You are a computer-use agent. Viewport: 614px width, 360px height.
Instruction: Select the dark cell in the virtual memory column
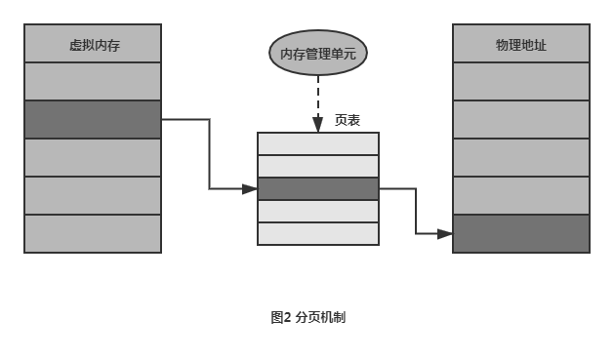point(93,119)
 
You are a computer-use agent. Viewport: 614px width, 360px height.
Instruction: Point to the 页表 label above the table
point(348,120)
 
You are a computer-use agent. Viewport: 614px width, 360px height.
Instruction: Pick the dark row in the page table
point(317,188)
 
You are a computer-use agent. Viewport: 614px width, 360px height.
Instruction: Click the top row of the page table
point(317,143)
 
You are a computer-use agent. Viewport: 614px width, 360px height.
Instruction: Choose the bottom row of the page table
point(317,233)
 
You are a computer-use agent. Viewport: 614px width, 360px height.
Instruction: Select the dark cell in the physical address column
point(521,233)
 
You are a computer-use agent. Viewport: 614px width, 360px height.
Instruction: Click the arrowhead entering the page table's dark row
point(251,188)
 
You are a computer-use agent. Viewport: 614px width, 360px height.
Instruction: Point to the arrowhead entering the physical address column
point(446,234)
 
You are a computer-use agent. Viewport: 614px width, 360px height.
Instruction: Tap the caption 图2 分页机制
point(309,317)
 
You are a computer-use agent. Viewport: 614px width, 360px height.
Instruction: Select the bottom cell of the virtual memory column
point(93,233)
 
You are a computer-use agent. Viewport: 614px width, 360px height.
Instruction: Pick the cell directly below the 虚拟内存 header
point(93,81)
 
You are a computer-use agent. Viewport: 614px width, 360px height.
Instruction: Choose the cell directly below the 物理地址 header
point(521,81)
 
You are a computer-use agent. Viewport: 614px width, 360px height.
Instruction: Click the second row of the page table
point(317,166)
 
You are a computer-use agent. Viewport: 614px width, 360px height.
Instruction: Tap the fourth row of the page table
point(317,211)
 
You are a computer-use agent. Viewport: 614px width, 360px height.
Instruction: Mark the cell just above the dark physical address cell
point(521,195)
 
